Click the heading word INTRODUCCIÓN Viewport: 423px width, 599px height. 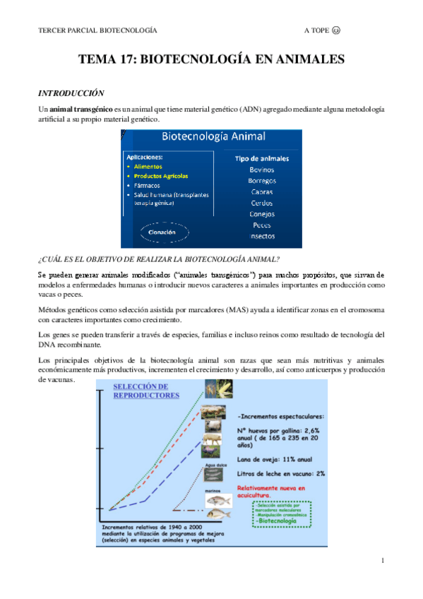(x=71, y=93)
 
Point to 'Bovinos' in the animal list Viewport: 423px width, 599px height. (x=263, y=170)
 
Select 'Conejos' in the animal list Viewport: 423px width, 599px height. (x=263, y=213)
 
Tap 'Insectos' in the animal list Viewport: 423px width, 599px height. (x=263, y=236)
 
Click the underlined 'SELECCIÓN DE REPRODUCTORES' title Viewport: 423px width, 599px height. (x=142, y=391)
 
